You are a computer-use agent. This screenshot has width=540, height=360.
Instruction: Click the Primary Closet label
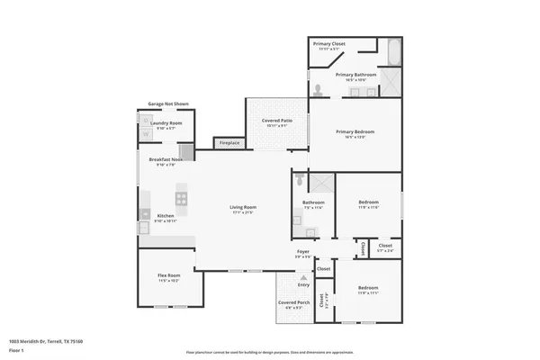[329, 45]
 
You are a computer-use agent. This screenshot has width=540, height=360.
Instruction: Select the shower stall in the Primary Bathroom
[390, 83]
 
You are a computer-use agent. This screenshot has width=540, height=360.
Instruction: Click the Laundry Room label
[167, 124]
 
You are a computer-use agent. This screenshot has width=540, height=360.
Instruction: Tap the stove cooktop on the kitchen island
[181, 197]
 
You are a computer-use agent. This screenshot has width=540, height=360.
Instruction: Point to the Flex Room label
[168, 276]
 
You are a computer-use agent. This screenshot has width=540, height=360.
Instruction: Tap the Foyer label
[303, 253]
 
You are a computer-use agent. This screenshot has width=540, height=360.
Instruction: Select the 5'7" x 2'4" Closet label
[384, 247]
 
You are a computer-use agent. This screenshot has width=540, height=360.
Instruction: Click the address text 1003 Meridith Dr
[46, 341]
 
